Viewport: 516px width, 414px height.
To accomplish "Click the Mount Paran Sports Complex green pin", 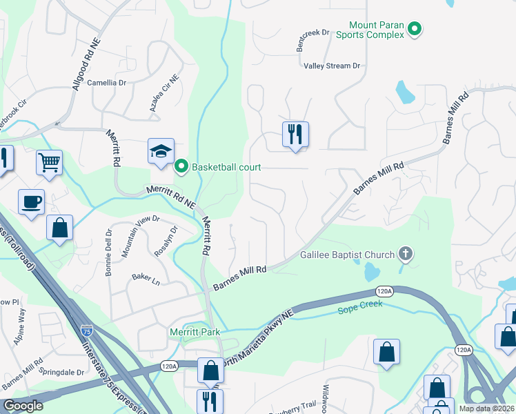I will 415,29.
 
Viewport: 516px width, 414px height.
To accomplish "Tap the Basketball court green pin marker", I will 181,166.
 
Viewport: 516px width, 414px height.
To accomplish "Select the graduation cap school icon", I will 160,151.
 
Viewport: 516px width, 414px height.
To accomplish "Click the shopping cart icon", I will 49,162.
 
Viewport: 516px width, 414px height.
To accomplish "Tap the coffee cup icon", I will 31,202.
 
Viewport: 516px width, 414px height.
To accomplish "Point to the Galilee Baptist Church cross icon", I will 405,255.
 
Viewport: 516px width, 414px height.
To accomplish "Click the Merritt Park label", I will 195,332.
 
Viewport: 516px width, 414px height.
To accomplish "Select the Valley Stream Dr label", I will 333,66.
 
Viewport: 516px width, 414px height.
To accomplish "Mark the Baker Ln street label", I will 146,278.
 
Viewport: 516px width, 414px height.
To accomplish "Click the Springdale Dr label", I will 65,372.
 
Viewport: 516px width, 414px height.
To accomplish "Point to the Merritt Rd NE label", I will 170,198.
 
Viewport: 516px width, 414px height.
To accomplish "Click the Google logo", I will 23,406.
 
